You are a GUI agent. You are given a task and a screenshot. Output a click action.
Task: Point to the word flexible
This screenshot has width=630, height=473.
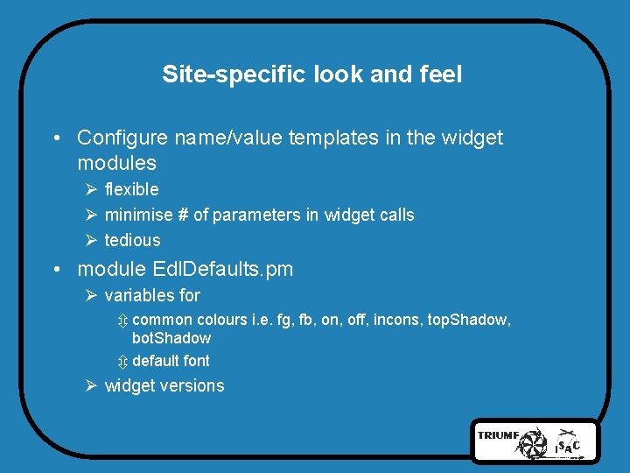tap(131, 189)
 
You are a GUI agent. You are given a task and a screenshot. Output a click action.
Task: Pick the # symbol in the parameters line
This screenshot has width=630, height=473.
tap(183, 215)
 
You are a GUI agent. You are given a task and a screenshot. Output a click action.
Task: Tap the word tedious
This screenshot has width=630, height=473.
tap(132, 240)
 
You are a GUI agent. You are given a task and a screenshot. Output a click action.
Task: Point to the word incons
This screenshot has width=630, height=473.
tap(398, 320)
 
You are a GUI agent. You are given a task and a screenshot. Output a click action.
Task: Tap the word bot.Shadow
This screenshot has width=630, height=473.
tap(171, 338)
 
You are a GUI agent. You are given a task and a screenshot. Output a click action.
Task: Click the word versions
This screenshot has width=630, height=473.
tap(195, 386)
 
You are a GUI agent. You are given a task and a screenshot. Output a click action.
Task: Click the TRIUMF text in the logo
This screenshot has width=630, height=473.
tap(497, 434)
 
